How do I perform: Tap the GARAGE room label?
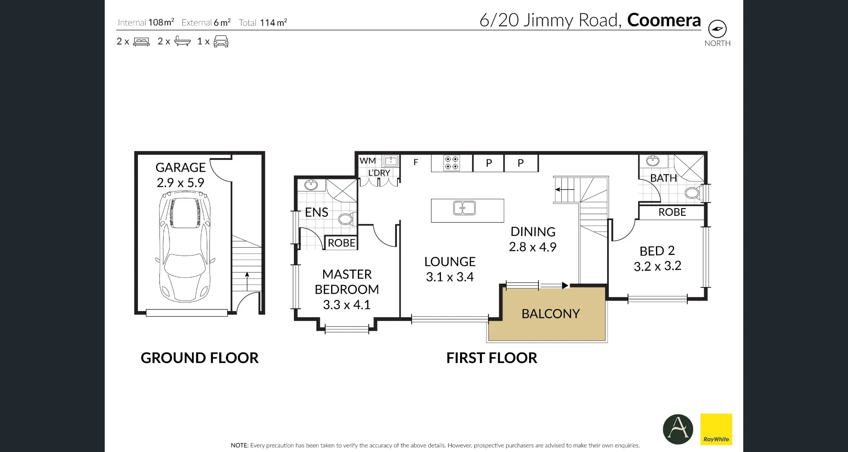[181, 167]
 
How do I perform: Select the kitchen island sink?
[464, 208]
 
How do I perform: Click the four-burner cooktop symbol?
[452, 163]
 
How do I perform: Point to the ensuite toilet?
[346, 219]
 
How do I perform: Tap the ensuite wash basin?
[311, 185]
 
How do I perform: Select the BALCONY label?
[550, 314]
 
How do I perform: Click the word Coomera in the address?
[664, 20]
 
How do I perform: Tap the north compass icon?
[717, 29]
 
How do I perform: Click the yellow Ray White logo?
[716, 429]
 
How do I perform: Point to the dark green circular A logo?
[678, 429]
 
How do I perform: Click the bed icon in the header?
[142, 42]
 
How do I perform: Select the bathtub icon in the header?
[182, 41]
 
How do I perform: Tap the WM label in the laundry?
[368, 161]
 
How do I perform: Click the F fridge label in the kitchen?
[416, 162]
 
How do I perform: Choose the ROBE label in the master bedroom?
[341, 243]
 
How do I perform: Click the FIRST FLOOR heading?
[492, 358]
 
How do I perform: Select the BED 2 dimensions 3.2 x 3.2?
[658, 266]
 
